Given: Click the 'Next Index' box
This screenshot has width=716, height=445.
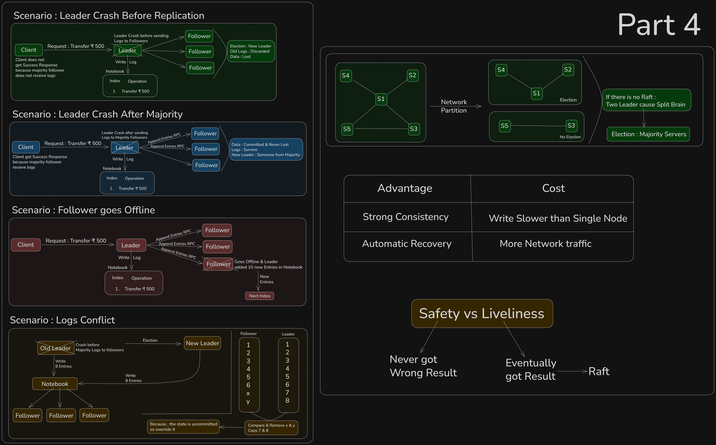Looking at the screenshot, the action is click(x=259, y=296).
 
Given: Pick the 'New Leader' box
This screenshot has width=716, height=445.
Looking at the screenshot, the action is click(x=202, y=343).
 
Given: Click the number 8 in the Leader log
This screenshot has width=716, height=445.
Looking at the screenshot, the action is click(x=287, y=401).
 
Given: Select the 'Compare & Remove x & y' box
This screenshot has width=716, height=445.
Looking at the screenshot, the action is click(x=271, y=428).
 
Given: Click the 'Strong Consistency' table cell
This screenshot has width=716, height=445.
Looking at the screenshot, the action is click(x=406, y=217).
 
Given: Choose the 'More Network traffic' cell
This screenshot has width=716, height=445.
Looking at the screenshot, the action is click(x=546, y=244).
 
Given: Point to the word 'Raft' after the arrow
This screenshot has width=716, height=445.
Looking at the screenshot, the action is click(x=599, y=371).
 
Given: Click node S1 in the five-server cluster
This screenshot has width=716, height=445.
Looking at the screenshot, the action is click(x=381, y=99).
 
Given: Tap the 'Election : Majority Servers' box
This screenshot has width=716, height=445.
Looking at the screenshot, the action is click(x=648, y=134).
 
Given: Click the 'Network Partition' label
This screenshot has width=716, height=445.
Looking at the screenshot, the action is click(x=454, y=106).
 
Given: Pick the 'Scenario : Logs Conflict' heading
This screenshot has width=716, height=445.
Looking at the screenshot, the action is click(x=62, y=320).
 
